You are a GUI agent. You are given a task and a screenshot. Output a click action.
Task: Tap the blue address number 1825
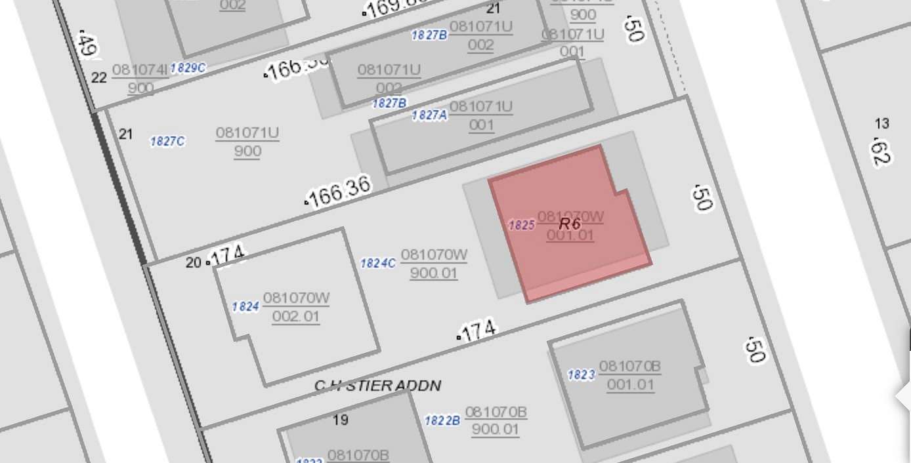click(x=522, y=225)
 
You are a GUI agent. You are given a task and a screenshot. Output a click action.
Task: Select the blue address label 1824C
click(x=378, y=264)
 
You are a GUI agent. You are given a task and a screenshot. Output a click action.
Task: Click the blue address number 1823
click(x=581, y=375)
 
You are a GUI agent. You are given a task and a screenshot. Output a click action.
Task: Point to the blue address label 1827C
click(x=167, y=141)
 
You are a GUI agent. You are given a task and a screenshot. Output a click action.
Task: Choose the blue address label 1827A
click(x=429, y=115)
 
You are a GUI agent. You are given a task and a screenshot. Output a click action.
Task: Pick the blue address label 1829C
click(x=188, y=68)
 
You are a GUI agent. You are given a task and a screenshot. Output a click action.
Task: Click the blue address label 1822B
click(x=442, y=420)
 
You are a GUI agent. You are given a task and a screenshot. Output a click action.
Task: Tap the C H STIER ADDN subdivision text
click(x=377, y=386)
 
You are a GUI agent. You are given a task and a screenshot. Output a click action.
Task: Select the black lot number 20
click(x=193, y=262)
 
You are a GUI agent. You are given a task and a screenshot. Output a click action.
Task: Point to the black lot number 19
click(x=341, y=420)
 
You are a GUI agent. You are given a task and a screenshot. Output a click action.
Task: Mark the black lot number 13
click(x=882, y=123)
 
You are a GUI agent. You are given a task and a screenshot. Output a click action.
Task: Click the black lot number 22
click(x=99, y=78)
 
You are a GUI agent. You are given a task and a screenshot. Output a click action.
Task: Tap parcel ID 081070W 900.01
click(x=434, y=264)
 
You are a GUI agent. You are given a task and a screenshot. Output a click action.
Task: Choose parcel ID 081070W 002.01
click(x=296, y=308)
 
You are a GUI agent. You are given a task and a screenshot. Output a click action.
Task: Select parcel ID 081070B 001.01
click(x=630, y=375)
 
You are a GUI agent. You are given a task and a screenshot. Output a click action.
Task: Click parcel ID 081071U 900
click(x=247, y=142)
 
